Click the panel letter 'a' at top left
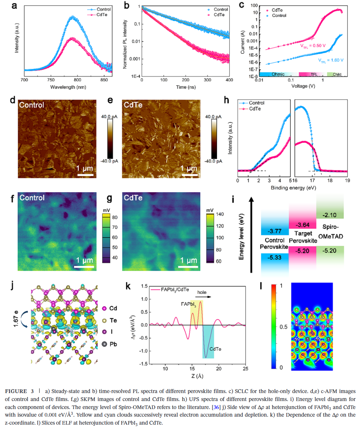tap(15, 6)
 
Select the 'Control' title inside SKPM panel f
tap(32, 198)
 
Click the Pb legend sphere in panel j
tap(105, 343)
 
